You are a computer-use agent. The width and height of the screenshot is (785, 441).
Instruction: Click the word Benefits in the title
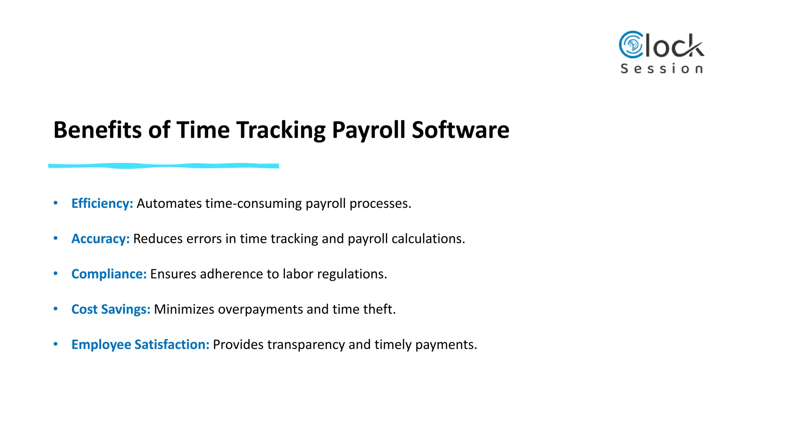[97, 130]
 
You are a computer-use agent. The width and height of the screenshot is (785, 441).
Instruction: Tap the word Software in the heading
[460, 130]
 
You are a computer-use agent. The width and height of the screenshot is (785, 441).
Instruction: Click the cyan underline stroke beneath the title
[164, 166]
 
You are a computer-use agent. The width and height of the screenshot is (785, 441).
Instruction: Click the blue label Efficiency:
[102, 203]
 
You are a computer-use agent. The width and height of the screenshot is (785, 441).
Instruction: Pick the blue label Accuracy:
[100, 238]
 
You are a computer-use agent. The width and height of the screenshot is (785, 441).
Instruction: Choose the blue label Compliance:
[109, 274]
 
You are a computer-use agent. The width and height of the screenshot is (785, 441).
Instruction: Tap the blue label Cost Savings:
[111, 309]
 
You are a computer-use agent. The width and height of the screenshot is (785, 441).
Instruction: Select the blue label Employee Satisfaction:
[140, 345]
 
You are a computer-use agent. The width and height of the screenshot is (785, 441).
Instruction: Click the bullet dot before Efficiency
[56, 203]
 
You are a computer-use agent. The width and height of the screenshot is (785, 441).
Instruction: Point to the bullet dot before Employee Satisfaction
[56, 344]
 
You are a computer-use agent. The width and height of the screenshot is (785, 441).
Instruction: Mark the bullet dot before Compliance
[56, 274]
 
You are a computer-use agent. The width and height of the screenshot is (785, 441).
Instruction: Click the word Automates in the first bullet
[169, 203]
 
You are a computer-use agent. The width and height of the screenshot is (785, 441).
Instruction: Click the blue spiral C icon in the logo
[631, 45]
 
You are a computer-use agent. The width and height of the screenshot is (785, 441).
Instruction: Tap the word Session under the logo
[662, 69]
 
